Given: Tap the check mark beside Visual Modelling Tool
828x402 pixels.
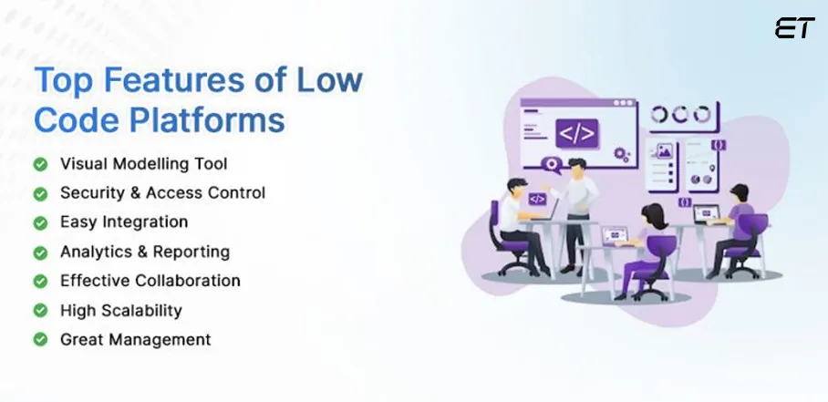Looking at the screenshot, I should (40, 165).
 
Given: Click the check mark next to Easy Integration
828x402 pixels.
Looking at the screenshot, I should (40, 222).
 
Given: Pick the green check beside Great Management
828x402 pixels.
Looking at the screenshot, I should (40, 339).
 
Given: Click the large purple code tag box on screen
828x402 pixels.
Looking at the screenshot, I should (576, 134).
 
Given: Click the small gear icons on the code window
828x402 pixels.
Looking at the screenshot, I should (622, 155).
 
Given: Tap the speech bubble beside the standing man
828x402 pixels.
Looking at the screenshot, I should (550, 164).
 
